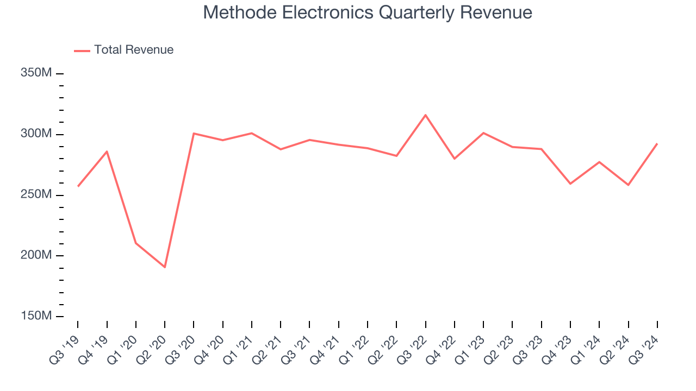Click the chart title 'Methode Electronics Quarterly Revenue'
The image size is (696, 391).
tap(368, 12)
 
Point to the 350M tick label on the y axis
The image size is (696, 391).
tap(36, 73)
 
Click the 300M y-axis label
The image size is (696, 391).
tap(36, 134)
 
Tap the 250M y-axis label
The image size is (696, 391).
tap(36, 194)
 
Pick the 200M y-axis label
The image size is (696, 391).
tap(36, 255)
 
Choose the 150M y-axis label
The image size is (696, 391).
tap(36, 316)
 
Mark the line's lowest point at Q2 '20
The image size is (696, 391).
tap(165, 267)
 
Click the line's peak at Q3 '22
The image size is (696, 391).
tap(425, 115)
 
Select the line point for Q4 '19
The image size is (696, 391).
tap(107, 152)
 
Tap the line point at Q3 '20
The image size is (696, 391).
tap(194, 134)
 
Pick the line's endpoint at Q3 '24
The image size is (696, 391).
tap(657, 144)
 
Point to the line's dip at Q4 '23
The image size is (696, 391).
tap(570, 184)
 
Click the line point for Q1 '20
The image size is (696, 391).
tap(136, 243)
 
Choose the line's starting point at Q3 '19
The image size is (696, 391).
tap(78, 186)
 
